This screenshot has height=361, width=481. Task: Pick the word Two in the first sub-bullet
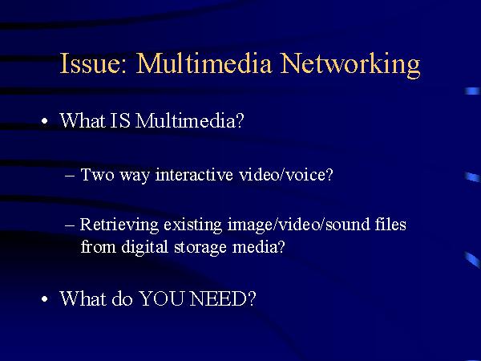95,174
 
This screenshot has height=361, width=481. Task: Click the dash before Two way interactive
70,175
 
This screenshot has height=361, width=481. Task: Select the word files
390,225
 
